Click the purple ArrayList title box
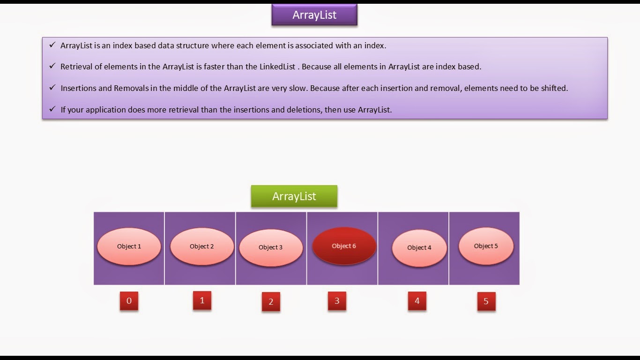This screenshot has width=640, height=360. (314, 15)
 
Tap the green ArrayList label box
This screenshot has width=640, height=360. (294, 196)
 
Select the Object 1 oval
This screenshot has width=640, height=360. (129, 247)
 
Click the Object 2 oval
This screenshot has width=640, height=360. (202, 247)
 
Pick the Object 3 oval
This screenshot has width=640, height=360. (271, 247)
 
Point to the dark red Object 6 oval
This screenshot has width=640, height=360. (344, 246)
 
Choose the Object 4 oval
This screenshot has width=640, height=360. (419, 248)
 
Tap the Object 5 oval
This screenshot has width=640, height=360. (486, 246)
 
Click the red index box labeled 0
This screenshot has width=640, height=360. (129, 301)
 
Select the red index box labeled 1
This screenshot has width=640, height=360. (202, 300)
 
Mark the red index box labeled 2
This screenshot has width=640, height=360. (271, 302)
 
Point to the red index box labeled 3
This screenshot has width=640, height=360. (337, 301)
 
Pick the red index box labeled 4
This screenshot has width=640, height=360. (417, 301)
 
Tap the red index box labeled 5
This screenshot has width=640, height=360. (486, 301)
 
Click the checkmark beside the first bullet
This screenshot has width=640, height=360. (52, 45)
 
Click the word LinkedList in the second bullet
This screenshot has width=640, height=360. (277, 67)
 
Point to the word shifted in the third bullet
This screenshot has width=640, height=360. (554, 88)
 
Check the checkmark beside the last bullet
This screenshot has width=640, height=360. (52, 109)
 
